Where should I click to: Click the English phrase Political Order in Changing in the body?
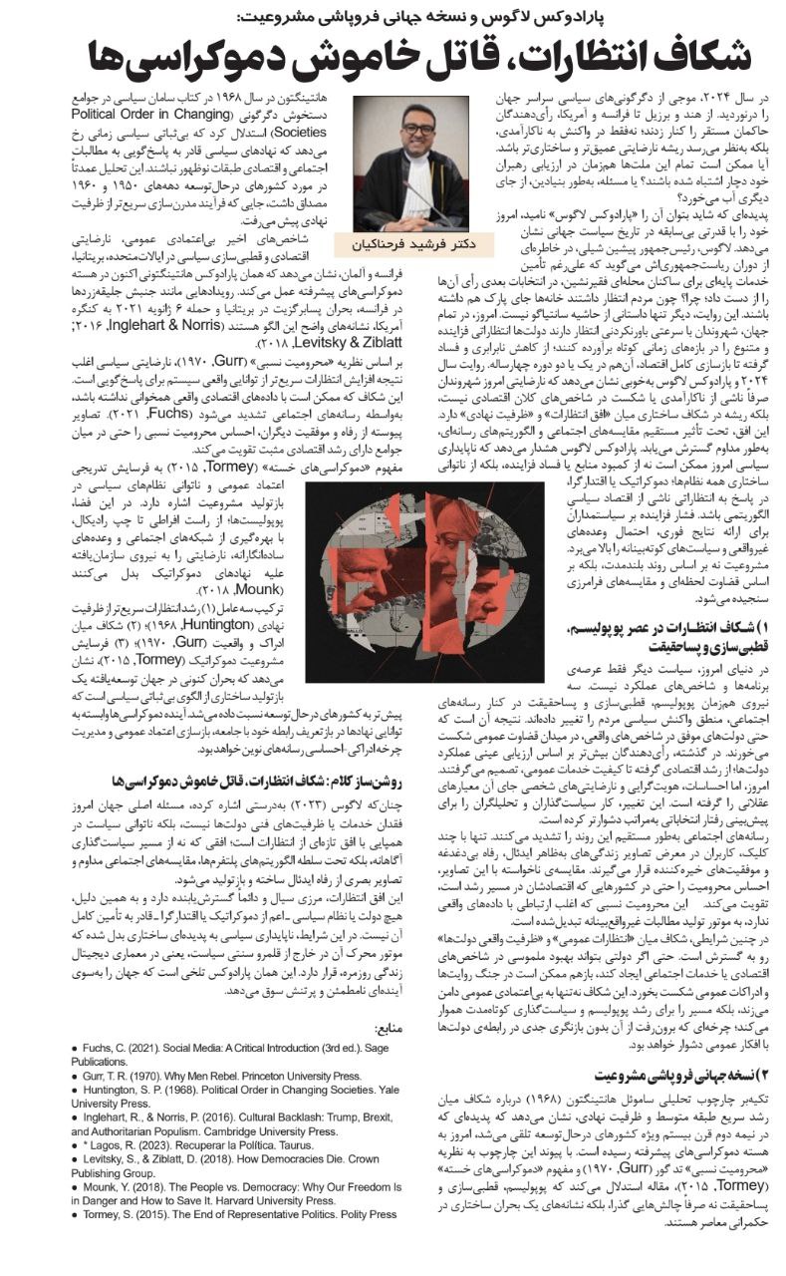(276, 118)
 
